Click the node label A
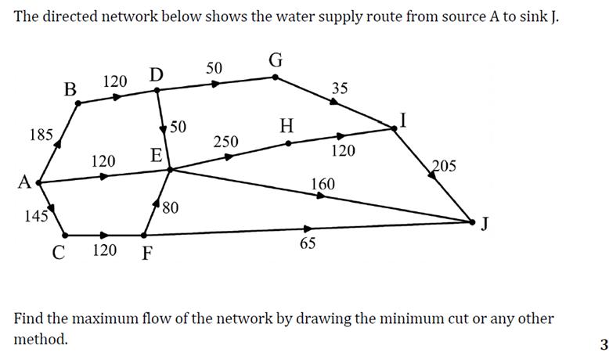point(24,182)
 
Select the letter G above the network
point(276,60)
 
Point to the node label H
point(287,125)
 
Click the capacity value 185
point(41,135)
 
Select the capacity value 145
point(36,217)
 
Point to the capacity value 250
point(225,142)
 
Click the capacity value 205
point(444,165)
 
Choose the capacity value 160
point(323,184)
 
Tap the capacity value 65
point(308,243)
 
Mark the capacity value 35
point(339,88)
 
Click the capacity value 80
point(171,207)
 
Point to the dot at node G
point(275,77)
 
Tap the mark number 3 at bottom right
point(604,344)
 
